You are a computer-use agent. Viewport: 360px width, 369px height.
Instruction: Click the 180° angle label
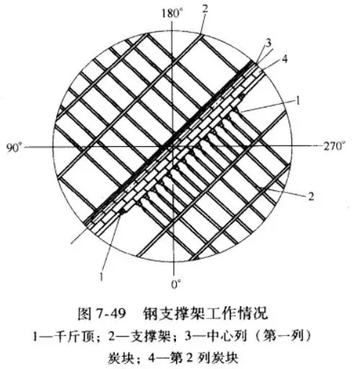click(x=171, y=14)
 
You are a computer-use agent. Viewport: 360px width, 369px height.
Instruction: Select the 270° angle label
click(x=334, y=146)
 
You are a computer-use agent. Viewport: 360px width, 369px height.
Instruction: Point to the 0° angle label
click(x=177, y=285)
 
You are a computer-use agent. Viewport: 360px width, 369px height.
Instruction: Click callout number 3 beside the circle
click(x=268, y=43)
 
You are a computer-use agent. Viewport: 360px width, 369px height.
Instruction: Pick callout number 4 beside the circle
click(x=285, y=59)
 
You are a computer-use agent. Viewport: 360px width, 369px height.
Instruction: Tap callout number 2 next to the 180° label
click(x=205, y=9)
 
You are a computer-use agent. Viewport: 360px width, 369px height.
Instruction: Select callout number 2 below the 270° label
click(x=311, y=197)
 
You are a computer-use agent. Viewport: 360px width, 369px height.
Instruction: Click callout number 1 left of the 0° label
click(x=101, y=277)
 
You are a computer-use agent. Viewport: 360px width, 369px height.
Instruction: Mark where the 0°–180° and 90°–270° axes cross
click(x=172, y=146)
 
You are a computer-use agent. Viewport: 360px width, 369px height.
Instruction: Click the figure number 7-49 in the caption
click(x=111, y=314)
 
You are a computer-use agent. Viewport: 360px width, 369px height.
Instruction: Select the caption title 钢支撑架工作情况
click(x=205, y=314)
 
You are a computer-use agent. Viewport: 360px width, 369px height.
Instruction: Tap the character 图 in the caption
click(x=84, y=314)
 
